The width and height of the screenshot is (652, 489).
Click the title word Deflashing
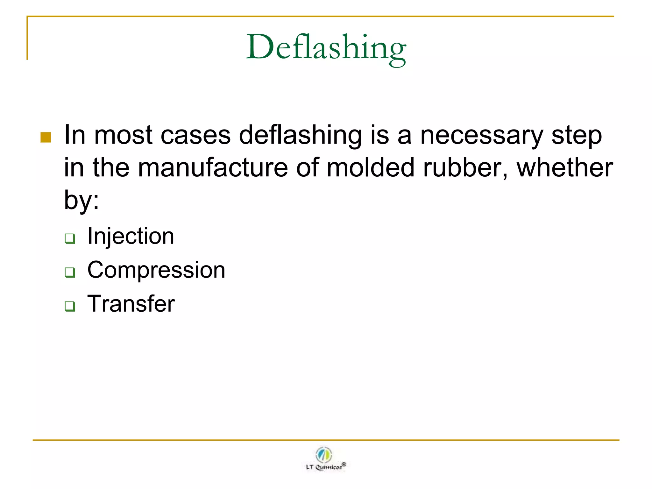pos(326,48)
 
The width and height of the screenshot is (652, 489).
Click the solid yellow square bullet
pos(46,138)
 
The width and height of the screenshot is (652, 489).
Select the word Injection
pos(131,236)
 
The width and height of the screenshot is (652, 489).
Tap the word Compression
pos(156,270)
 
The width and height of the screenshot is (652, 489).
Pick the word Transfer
pos(131,304)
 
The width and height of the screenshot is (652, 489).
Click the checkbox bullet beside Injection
pos(70,238)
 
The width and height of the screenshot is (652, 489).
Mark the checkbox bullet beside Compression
pos(70,273)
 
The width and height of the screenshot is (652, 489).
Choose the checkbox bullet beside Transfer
pos(70,306)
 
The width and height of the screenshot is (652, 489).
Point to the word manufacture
pos(213,168)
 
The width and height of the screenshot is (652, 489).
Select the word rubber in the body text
pos(465,168)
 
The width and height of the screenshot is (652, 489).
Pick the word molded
pos(370,168)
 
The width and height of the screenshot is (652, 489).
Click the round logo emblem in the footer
pos(324,454)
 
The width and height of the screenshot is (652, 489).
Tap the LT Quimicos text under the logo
pos(325,467)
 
